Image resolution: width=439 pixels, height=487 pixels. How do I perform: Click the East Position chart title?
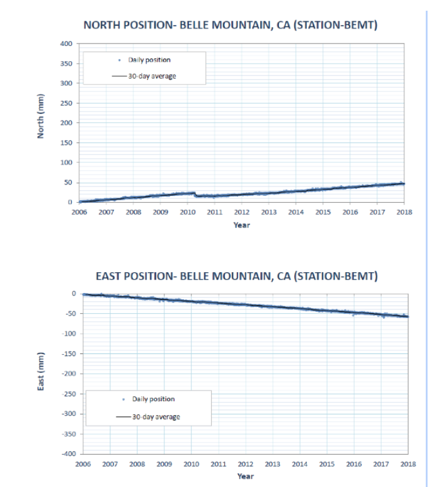[236, 276]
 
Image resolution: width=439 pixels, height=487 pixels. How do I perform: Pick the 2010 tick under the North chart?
[188, 212]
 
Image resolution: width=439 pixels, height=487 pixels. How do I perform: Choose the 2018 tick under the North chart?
[404, 212]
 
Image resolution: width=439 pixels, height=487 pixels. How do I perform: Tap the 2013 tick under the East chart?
[272, 464]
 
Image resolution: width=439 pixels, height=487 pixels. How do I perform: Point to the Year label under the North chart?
[241, 225]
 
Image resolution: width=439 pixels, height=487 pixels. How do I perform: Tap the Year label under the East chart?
[245, 476]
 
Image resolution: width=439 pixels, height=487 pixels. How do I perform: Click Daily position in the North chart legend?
[149, 60]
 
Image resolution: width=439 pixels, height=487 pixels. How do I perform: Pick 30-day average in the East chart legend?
[156, 416]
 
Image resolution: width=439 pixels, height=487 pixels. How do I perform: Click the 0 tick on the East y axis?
[74, 294]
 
